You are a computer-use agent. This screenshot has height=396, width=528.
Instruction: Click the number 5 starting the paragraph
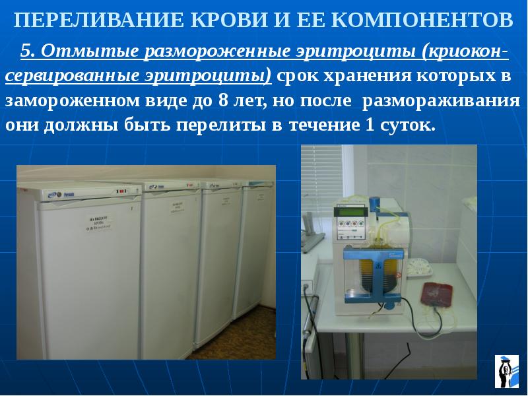pos(26,51)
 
